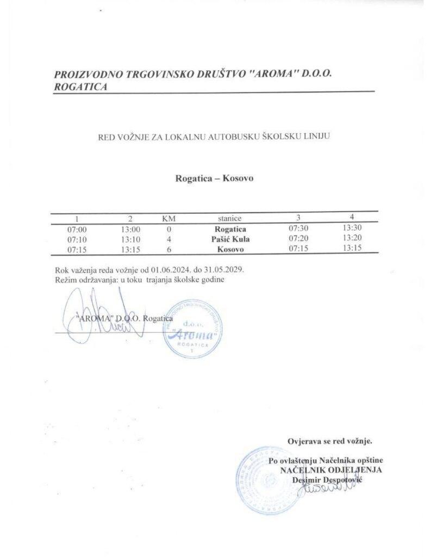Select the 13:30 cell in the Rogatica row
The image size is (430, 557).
pos(348,228)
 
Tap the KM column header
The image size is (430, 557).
pos(169,219)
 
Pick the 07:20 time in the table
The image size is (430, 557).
pos(299,238)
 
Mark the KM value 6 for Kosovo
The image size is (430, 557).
pos(169,249)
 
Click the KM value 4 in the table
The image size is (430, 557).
pos(169,239)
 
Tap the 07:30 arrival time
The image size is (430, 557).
pos(299,228)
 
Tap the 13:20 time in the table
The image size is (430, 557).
pos(348,238)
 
